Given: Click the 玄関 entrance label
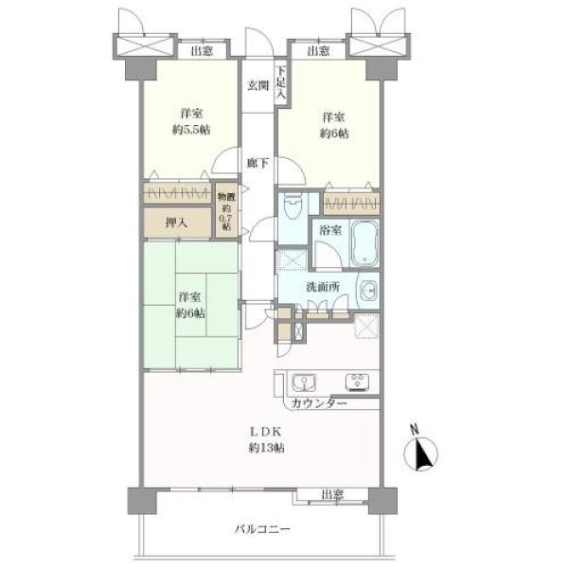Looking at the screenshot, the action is pos(257,86).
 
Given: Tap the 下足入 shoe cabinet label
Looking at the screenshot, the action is pos(281,82).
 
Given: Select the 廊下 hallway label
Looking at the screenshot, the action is pos(257,164).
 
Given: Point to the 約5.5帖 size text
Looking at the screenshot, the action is pos(191,130).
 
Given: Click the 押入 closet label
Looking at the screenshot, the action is pos(176,222).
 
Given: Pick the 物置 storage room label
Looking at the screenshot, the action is pos(226,197).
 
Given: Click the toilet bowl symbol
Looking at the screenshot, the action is pos(293,206).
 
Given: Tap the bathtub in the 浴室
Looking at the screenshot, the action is pos(364,244).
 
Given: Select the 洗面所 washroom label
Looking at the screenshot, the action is pos(323,287).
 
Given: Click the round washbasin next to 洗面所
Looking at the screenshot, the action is pos(369,291).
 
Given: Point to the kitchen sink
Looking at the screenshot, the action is pos(304,382).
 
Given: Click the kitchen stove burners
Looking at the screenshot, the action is pos(357,382).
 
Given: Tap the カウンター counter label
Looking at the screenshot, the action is pos(319,403).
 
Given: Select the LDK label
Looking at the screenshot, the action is pos(265,432).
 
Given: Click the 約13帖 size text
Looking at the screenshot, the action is pos(266,448).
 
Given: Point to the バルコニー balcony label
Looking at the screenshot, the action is pos(262,529).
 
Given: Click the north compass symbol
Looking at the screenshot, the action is pos(420,452).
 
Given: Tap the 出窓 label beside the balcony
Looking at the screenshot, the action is pos(332,494).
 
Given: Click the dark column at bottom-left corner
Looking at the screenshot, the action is pos(142,501).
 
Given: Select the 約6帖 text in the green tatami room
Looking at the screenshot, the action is pos(190,313).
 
